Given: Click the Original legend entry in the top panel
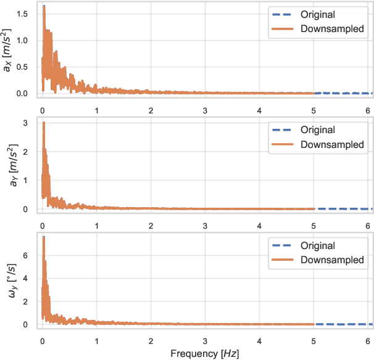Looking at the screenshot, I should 317,14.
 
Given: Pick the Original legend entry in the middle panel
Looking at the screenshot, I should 317,130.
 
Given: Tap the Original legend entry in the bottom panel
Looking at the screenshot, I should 317,245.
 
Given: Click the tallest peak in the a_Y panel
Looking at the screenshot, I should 44,123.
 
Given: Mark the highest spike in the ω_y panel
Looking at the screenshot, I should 44,238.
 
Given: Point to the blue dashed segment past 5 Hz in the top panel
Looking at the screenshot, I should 343,93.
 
